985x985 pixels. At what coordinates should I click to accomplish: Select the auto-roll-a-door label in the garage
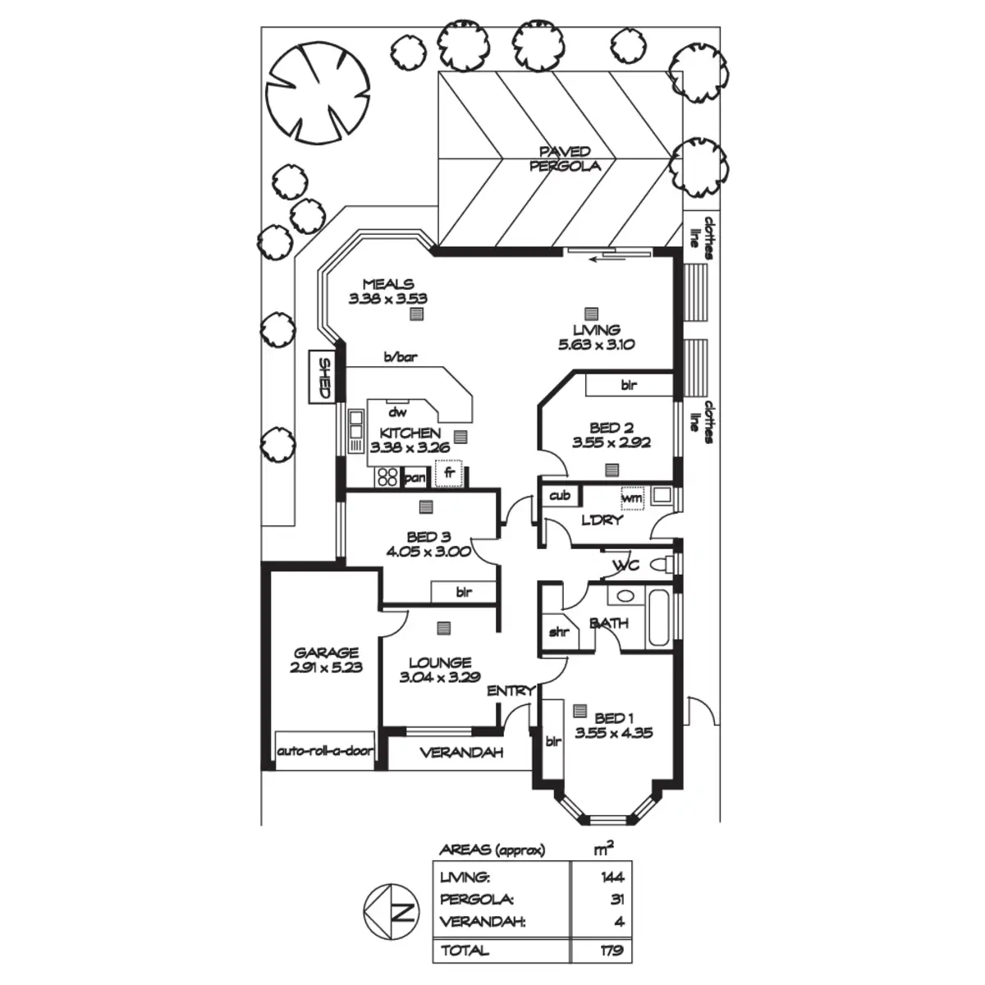click(325, 751)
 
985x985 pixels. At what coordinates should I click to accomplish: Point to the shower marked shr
click(559, 632)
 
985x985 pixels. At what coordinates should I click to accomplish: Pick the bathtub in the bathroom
click(659, 617)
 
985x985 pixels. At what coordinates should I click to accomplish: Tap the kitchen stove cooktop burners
click(387, 476)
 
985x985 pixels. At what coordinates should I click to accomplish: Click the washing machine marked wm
click(632, 497)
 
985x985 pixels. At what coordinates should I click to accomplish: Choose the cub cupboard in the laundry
click(560, 496)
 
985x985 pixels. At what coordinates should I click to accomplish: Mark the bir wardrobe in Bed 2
click(629, 384)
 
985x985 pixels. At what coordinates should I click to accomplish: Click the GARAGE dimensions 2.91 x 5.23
click(326, 668)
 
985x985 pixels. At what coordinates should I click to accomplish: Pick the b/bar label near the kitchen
click(399, 358)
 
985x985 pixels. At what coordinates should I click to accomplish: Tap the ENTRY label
click(511, 691)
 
